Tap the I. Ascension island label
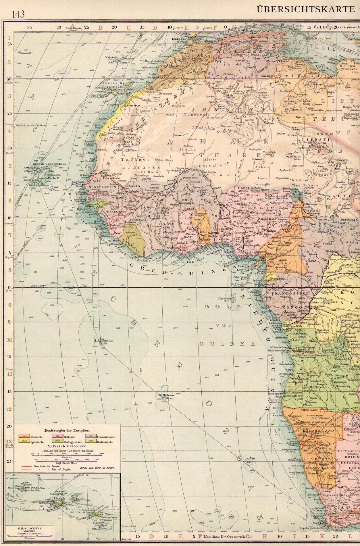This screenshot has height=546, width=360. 104,341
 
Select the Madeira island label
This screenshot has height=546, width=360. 110,57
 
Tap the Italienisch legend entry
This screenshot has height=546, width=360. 105,442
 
